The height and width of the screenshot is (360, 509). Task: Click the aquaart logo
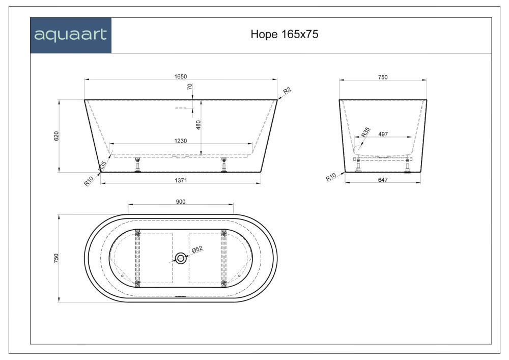(x=70, y=35)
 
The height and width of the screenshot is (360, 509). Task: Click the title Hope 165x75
(x=285, y=35)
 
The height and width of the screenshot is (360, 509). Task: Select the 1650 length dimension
(x=181, y=76)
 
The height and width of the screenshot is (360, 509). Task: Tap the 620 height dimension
(x=57, y=136)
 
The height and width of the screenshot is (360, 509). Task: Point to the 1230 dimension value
(x=181, y=141)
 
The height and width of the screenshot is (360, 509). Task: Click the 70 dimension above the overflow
(x=190, y=88)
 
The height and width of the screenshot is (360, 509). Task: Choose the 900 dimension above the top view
(x=180, y=202)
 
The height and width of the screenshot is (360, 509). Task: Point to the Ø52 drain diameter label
(x=197, y=249)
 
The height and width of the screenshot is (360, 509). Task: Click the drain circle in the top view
(x=181, y=258)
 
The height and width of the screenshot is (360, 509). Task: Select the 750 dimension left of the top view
(x=57, y=258)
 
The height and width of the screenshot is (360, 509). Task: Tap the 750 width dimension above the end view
(x=383, y=77)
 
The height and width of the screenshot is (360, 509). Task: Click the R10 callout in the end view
(x=331, y=178)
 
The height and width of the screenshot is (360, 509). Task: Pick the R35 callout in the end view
(x=365, y=132)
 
